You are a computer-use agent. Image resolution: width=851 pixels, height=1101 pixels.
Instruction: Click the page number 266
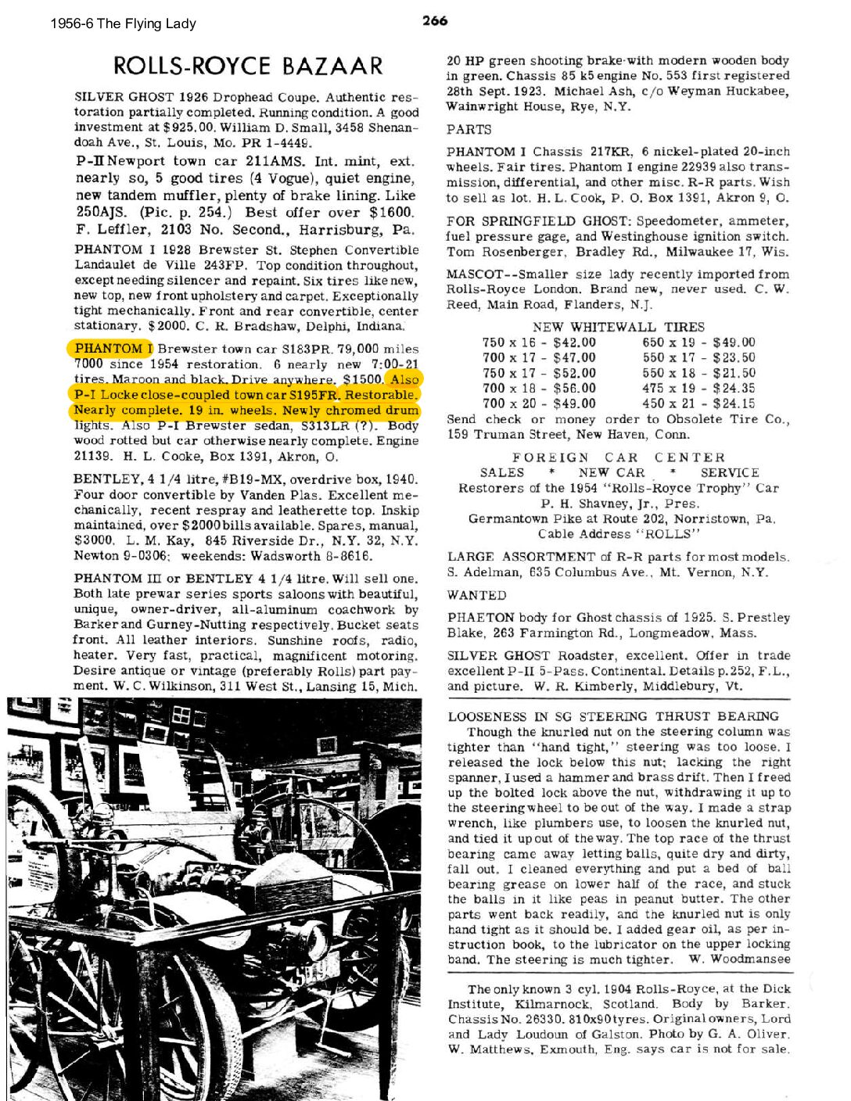tap(435, 21)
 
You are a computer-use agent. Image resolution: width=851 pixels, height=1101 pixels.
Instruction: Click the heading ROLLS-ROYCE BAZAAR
tap(248, 66)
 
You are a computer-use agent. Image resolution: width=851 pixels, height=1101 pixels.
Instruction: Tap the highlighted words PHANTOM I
tap(113, 349)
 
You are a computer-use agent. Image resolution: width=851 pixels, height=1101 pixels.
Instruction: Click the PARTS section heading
tap(469, 130)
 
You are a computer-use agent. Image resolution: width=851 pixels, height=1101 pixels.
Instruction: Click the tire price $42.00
tap(574, 342)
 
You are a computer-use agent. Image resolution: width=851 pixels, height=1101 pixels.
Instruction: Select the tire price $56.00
tap(574, 389)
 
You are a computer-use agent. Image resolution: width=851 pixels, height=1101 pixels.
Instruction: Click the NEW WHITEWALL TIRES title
tap(618, 327)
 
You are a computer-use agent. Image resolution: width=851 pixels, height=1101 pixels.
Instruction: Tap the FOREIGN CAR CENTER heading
tap(618, 457)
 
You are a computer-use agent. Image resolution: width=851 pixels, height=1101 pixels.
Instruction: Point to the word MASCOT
tap(474, 274)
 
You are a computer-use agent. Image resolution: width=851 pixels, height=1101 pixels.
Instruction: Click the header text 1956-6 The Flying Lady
tap(123, 23)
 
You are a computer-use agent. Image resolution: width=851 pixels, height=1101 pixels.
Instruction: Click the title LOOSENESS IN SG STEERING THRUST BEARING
tap(613, 716)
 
